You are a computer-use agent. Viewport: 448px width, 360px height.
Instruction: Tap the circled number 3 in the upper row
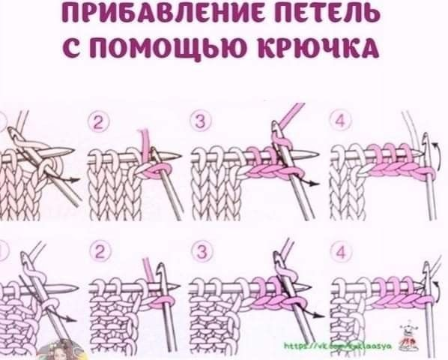(x=200, y=121)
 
